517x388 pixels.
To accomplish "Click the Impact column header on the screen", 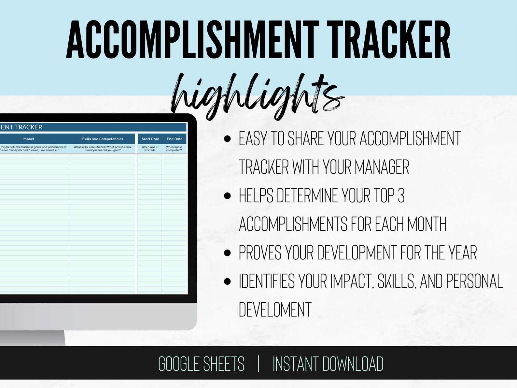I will coord(28,139).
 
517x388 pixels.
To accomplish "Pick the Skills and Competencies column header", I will coord(103,139).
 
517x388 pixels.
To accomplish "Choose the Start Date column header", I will coord(150,139).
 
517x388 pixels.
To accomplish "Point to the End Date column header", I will coord(175,139).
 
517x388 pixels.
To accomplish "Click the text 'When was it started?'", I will coord(150,149).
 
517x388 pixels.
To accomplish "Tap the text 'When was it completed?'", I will coord(174,149).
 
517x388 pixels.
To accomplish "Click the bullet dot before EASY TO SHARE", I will coord(227,139).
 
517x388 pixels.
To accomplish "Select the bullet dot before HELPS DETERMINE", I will coord(227,196).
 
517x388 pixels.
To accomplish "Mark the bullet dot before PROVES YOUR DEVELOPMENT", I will coord(227,253).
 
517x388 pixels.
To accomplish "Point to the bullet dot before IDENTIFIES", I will coord(227,281).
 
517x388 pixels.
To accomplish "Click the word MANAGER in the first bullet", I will coord(382,167).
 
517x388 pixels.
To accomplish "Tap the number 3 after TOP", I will coord(401,196).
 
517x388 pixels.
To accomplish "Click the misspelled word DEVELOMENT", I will coord(275,310).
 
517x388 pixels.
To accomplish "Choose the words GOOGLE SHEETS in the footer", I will coord(201,364).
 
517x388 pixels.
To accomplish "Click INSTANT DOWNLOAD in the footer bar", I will coord(328,364).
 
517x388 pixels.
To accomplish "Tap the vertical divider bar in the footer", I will coord(258,364).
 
